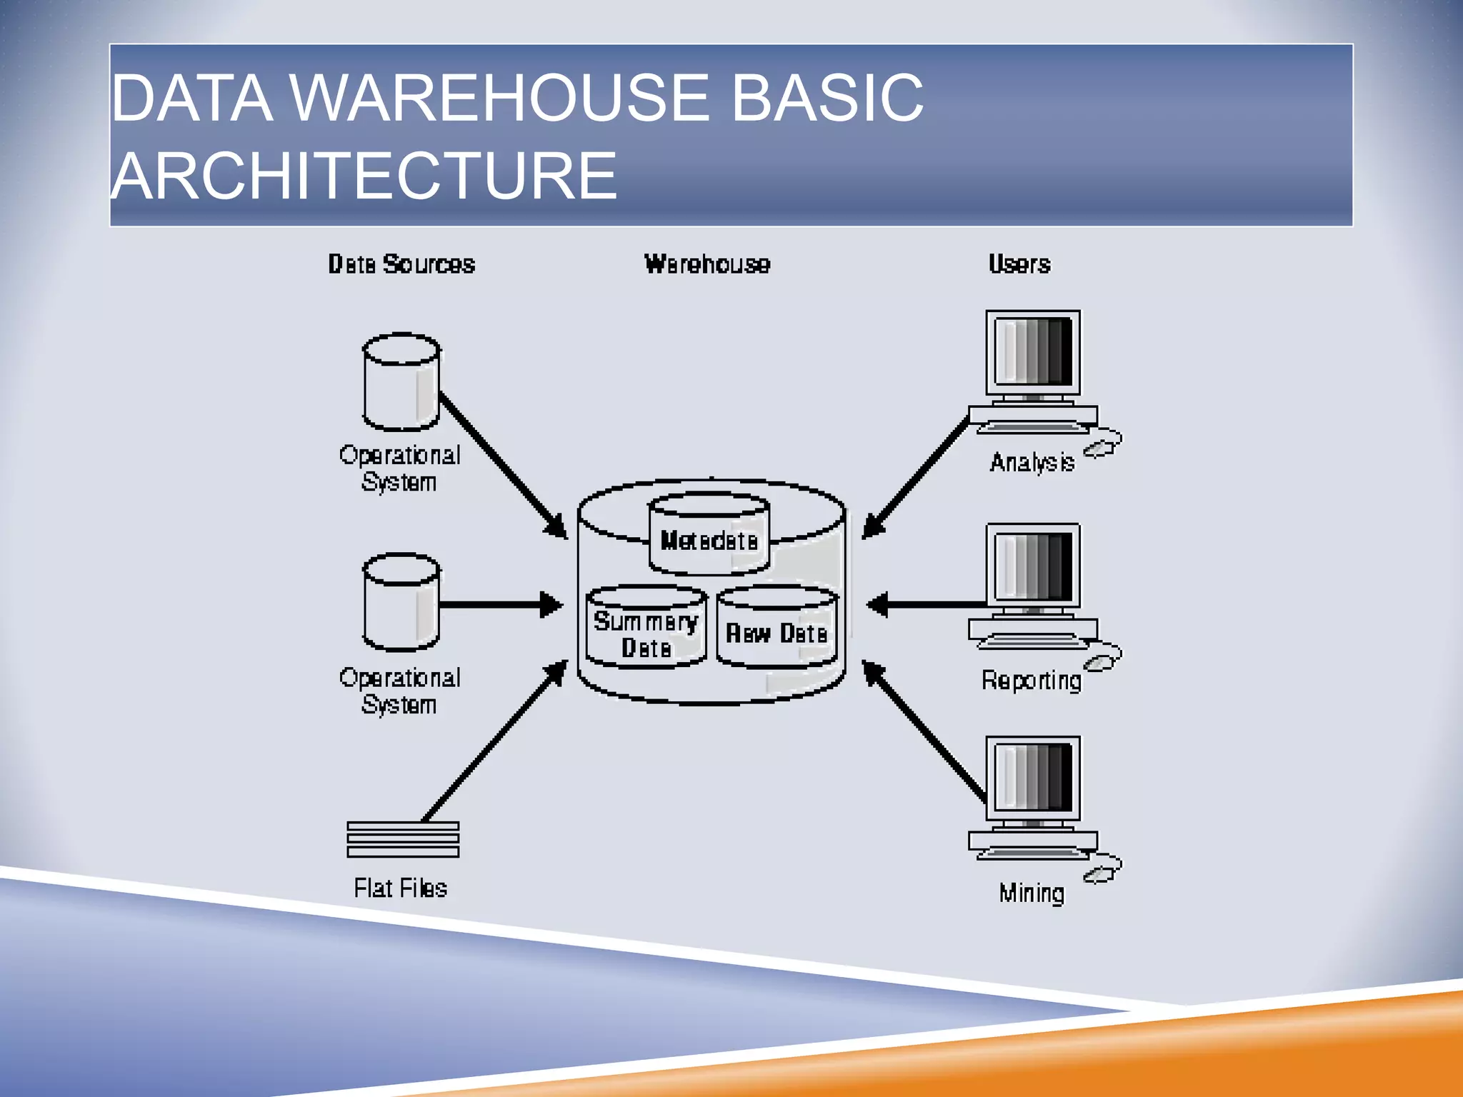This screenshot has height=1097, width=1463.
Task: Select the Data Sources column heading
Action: [x=401, y=264]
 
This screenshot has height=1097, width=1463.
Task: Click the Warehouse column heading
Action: [x=707, y=264]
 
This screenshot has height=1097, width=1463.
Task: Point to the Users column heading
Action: [x=1019, y=264]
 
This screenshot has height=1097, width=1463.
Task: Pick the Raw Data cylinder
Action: [x=777, y=628]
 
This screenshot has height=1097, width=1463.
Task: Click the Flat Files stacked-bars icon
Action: [x=403, y=839]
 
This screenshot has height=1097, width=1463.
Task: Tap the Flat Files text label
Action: [x=400, y=888]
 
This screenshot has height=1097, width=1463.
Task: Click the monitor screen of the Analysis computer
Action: [x=1033, y=351]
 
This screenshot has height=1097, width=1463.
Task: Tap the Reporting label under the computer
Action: [x=1031, y=680]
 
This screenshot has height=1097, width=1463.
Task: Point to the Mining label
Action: [x=1032, y=893]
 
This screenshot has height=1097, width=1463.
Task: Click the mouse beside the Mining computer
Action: [x=1102, y=871]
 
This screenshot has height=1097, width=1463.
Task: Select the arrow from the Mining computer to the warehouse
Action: [x=925, y=732]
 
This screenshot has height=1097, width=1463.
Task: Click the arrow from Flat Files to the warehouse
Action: [x=493, y=743]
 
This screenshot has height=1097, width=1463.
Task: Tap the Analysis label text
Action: [x=1032, y=463]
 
